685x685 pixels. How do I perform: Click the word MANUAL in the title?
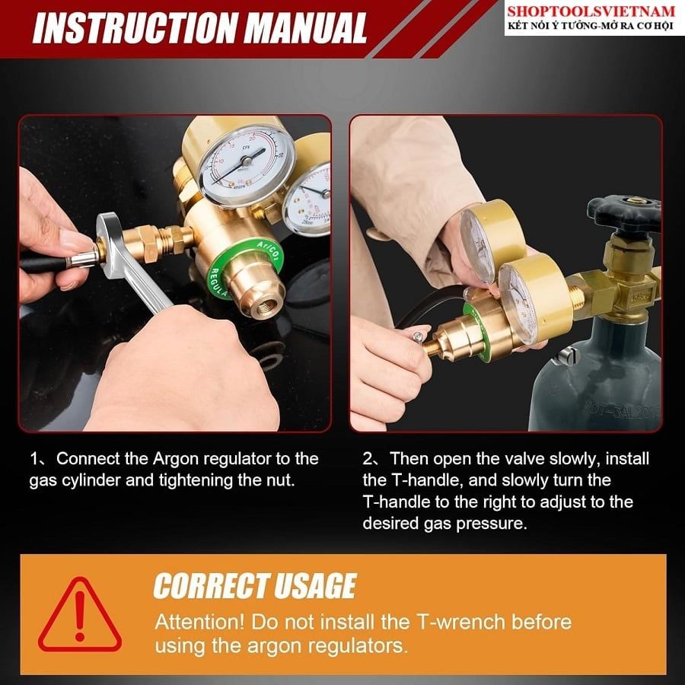coord(305,28)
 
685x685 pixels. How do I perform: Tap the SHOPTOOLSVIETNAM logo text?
coord(591,11)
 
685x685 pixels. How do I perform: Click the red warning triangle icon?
coord(79,615)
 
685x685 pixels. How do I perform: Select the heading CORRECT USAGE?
coord(255,585)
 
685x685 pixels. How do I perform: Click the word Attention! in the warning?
coord(199,622)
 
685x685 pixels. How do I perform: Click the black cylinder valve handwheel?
coord(624,214)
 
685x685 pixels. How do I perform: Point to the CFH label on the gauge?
coord(246,147)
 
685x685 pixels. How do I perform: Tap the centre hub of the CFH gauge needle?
coord(247,161)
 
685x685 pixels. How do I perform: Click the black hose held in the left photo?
coord(43,264)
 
